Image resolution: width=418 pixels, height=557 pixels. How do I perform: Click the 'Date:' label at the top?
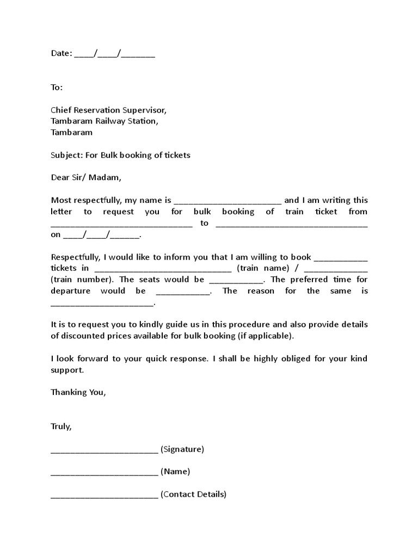(x=61, y=53)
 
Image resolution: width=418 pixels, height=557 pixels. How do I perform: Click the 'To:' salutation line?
(x=57, y=87)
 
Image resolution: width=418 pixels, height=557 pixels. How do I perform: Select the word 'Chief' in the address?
(x=62, y=110)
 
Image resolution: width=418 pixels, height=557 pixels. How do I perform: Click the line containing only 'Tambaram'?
(x=71, y=132)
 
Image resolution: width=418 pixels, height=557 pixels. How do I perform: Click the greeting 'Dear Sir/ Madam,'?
(x=87, y=177)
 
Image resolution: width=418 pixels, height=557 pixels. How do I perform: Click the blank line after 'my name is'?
(x=228, y=201)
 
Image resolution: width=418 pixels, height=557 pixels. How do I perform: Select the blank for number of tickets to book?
(x=341, y=257)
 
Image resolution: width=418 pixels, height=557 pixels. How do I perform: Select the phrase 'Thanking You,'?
(x=78, y=392)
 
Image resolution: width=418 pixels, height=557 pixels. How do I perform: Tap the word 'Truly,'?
(x=62, y=426)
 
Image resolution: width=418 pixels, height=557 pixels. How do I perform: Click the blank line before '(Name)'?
(x=104, y=472)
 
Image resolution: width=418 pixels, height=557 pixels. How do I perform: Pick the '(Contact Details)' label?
(x=193, y=494)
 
